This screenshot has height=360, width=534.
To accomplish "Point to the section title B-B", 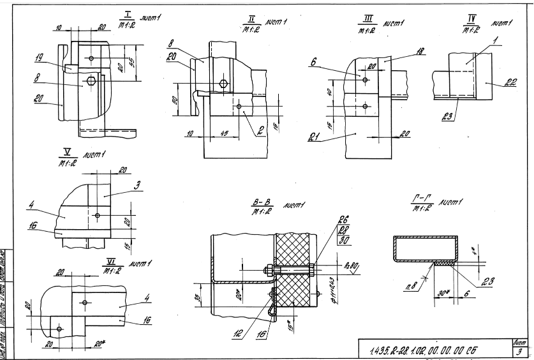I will [263, 203].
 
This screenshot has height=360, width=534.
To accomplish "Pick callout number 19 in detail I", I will [40, 57].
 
